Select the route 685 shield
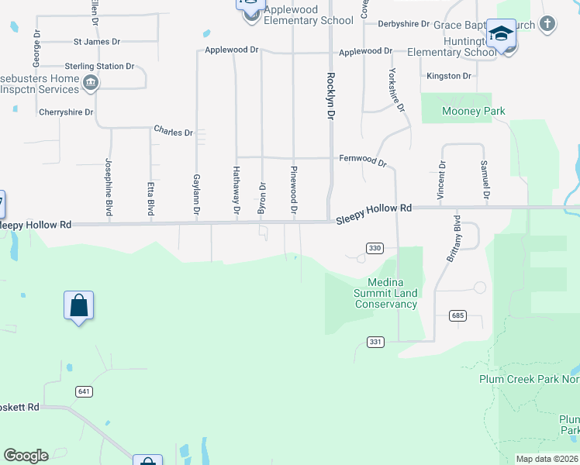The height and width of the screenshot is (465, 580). point(457,315)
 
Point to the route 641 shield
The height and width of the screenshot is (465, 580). point(85,391)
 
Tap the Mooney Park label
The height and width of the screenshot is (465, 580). point(473,112)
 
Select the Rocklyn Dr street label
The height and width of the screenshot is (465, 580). point(331,95)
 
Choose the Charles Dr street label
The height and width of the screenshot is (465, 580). point(173,132)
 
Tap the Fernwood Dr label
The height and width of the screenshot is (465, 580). point(362,160)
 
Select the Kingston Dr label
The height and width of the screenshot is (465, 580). point(450,76)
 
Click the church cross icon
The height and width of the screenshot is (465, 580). point(547,23)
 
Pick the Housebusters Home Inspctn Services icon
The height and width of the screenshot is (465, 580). point(91,83)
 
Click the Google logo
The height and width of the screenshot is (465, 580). point(26,456)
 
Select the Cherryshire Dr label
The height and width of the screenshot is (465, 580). point(66,112)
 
